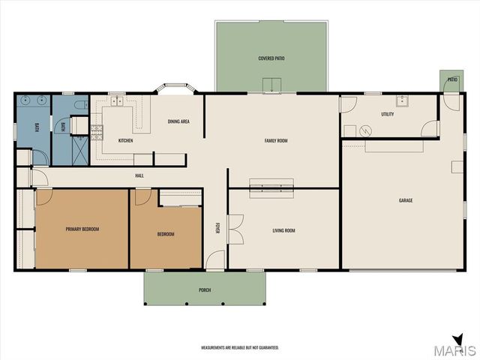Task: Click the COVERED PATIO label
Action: tap(271, 58)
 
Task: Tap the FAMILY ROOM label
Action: tap(276, 141)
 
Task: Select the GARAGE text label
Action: tap(406, 200)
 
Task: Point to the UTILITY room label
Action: tap(388, 114)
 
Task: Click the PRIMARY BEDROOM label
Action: tap(82, 229)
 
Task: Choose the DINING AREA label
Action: tap(178, 121)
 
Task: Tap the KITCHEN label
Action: tap(125, 140)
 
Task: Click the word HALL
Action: tap(139, 175)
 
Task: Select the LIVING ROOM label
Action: tap(283, 230)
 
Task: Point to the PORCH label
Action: tap(205, 290)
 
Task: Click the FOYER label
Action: tap(217, 228)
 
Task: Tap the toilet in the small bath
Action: tap(82, 105)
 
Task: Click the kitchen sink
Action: tap(117, 101)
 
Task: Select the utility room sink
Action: tap(402, 100)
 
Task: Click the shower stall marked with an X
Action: tap(80, 151)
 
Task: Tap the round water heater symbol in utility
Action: tap(365, 131)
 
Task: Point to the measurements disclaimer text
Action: tap(240, 348)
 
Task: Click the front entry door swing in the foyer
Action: tap(215, 260)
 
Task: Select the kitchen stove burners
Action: tap(97, 132)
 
